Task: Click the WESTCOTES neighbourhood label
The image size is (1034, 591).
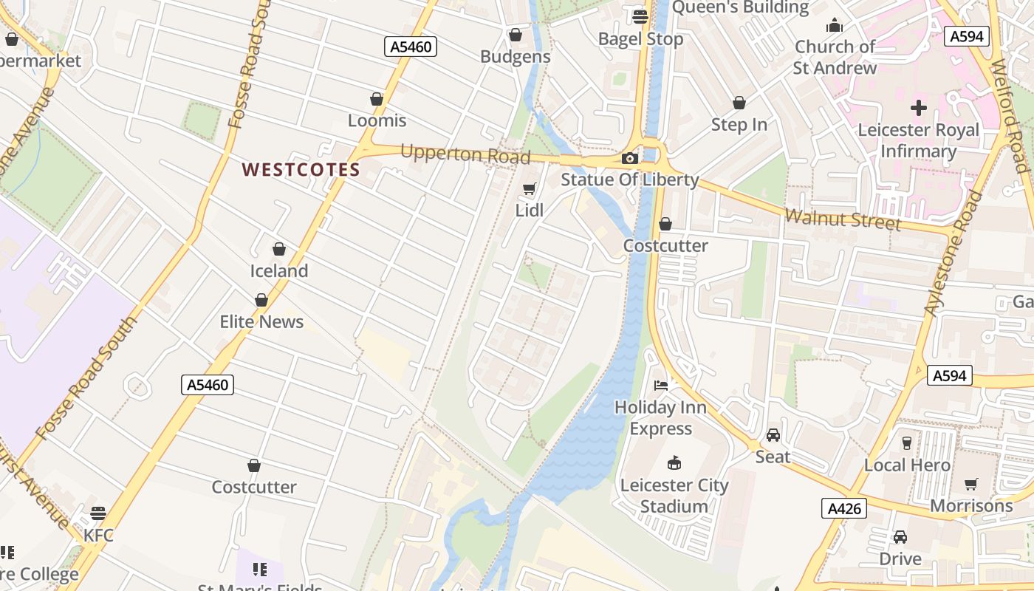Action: (x=301, y=170)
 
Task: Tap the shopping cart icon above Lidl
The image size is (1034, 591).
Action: (x=529, y=189)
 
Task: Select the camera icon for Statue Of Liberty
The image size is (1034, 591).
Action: (x=630, y=158)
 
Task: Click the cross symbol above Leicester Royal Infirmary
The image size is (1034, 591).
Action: (x=918, y=108)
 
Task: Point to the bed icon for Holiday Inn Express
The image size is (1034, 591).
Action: (x=661, y=386)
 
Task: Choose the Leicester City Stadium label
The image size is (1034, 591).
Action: (x=674, y=496)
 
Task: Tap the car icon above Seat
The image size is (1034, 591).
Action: (x=773, y=435)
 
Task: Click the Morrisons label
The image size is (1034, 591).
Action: (x=971, y=506)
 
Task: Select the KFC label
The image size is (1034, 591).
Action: (x=98, y=535)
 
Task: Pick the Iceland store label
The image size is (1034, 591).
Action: (x=278, y=271)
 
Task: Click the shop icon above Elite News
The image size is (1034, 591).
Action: (x=261, y=300)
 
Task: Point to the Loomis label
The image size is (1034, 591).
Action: (x=377, y=120)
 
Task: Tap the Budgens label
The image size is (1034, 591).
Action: (x=515, y=57)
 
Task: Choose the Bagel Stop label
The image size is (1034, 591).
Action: (x=640, y=39)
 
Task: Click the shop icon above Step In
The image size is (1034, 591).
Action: (x=739, y=103)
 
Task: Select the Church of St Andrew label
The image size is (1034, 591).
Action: (x=835, y=57)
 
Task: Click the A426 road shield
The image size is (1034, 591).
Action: (x=843, y=508)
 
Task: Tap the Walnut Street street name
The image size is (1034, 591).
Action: (x=843, y=219)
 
